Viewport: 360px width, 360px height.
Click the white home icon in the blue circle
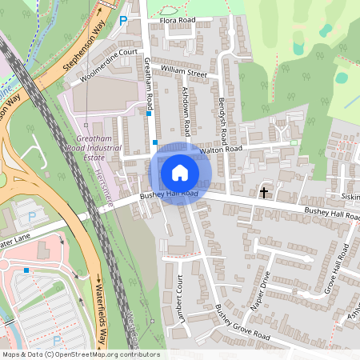tap(180, 171)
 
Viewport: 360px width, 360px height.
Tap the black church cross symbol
tap(264, 192)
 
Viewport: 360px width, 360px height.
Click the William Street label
tap(183, 72)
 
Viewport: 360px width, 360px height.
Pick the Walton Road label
tap(220, 149)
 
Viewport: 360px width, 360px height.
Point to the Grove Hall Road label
tap(334, 269)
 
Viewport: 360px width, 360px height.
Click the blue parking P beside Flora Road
tap(123, 20)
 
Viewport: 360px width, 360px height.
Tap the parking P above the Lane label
tap(33, 217)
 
